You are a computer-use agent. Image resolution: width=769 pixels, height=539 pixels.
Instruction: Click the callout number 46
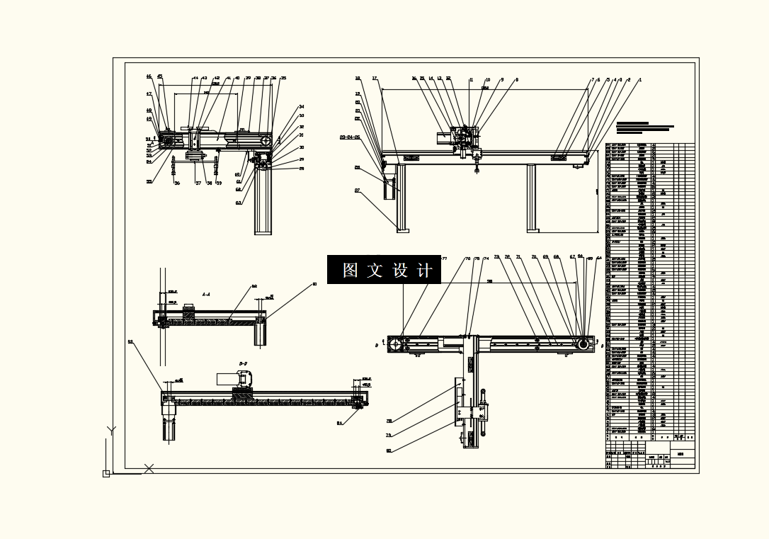(x=149, y=76)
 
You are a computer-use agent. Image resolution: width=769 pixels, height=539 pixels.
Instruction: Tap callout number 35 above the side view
(x=283, y=78)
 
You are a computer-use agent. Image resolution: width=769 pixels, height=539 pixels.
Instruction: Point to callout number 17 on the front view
(x=375, y=78)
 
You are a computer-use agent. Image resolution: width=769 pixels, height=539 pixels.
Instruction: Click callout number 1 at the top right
(x=639, y=80)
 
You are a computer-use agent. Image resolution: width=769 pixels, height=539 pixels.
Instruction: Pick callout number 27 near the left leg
(x=358, y=191)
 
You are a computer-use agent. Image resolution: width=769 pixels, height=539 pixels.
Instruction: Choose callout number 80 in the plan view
(x=389, y=450)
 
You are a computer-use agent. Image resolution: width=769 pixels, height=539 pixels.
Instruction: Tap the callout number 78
(x=389, y=421)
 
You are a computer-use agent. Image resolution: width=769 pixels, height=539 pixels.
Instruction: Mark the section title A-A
(x=205, y=293)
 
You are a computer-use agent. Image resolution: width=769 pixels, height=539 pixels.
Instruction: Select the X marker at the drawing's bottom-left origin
(x=149, y=468)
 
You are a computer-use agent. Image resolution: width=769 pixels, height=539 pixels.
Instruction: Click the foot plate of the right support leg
(x=532, y=230)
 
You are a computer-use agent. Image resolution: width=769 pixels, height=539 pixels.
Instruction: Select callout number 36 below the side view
(x=177, y=183)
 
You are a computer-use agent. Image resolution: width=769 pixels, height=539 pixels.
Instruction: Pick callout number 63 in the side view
(x=239, y=203)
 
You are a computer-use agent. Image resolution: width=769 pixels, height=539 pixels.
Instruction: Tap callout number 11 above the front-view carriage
(x=471, y=80)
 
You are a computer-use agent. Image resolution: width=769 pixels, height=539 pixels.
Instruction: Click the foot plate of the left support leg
(x=402, y=230)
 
